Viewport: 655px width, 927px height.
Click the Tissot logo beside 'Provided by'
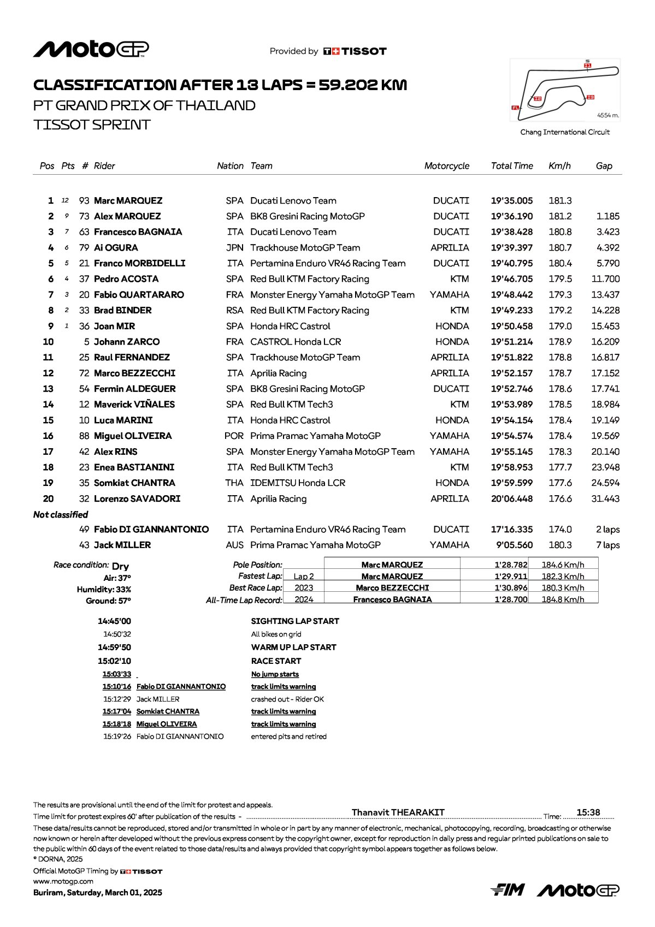click(355, 51)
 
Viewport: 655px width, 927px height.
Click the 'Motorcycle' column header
click(446, 166)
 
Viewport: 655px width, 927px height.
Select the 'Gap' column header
click(604, 166)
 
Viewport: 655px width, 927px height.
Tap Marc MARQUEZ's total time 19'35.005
click(511, 201)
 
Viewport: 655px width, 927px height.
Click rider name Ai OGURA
click(116, 248)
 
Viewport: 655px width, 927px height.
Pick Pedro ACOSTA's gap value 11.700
click(605, 279)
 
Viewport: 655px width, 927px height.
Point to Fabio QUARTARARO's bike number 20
click(84, 295)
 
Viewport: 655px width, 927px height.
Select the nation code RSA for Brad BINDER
click(234, 311)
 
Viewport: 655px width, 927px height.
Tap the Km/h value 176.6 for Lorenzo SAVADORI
click(560, 499)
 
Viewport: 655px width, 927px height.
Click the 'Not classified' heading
click(61, 515)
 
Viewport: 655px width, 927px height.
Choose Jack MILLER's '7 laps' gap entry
click(607, 545)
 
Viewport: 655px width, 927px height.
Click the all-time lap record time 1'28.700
click(511, 599)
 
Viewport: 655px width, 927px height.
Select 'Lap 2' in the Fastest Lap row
click(304, 577)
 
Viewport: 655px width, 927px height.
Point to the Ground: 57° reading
click(109, 601)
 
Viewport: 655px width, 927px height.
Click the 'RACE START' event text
click(276, 661)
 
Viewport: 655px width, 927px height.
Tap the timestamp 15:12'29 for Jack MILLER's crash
click(117, 699)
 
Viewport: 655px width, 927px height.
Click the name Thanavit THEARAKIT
click(398, 812)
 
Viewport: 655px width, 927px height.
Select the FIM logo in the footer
click(508, 890)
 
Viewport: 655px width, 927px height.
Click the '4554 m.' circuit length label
click(607, 115)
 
